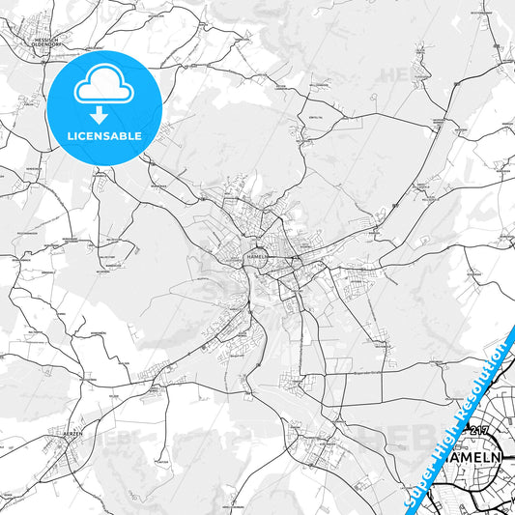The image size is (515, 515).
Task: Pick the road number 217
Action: coord(477,431)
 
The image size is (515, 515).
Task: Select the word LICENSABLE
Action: coord(104,136)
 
